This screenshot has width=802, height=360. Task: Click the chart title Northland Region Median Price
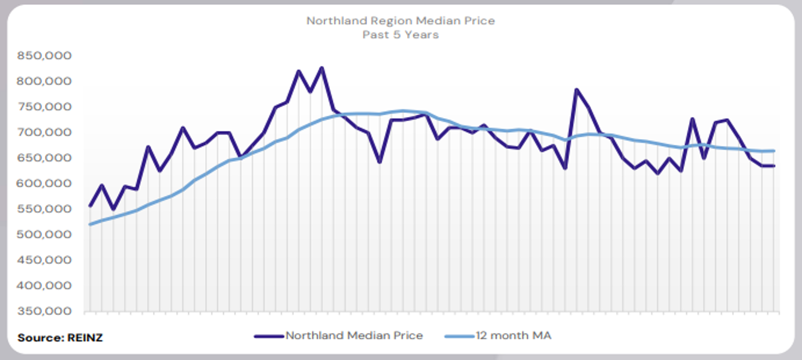tap(400, 21)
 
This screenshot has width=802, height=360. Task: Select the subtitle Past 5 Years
tap(400, 35)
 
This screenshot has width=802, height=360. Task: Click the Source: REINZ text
tap(60, 338)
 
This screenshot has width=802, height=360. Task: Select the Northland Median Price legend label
tap(354, 336)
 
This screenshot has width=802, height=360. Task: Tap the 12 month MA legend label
tap(513, 336)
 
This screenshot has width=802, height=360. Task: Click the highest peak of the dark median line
tap(322, 68)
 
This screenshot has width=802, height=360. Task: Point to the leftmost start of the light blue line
tap(90, 224)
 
